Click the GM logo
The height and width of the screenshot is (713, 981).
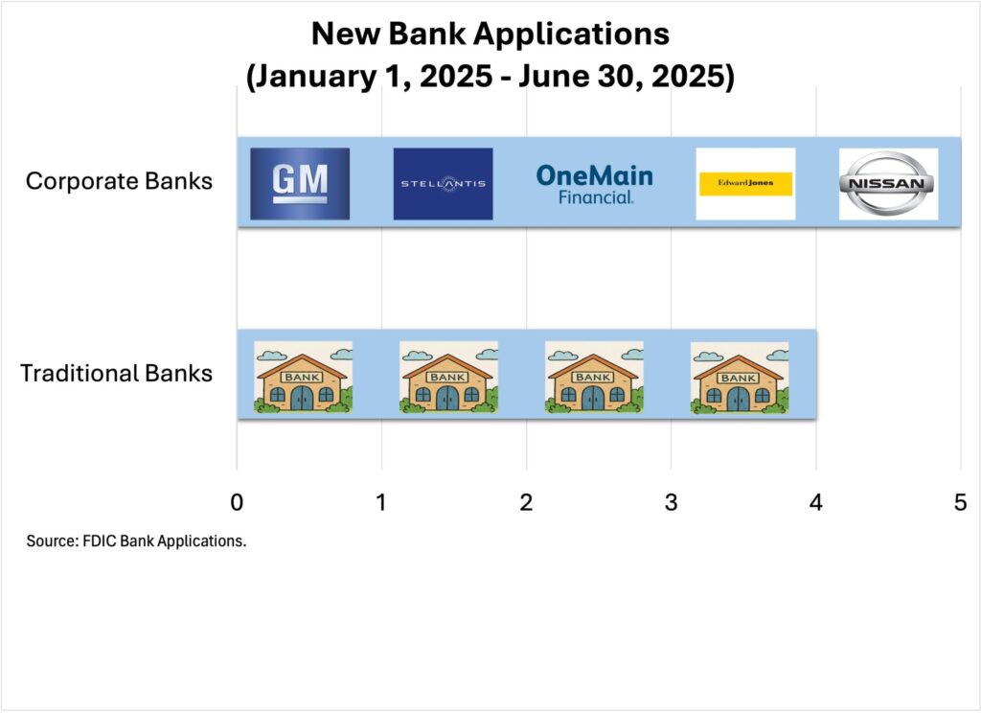300,183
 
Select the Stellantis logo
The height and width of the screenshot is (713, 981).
443,183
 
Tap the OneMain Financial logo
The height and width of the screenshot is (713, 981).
594,184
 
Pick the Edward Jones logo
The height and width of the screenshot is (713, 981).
745,183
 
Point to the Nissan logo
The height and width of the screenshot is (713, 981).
888,183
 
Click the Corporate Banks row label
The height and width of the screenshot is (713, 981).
119,181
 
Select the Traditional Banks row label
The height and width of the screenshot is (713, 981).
116,373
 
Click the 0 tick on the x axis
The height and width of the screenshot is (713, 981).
237,502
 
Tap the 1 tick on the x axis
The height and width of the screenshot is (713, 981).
381,502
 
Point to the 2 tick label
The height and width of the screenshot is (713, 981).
526,502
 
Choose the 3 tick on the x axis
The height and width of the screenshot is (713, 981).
672,502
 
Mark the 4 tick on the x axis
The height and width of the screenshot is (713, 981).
816,502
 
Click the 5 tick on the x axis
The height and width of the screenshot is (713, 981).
960,502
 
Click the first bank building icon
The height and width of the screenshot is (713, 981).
303,377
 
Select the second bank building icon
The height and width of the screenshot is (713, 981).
448,377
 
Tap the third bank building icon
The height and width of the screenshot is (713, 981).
594,377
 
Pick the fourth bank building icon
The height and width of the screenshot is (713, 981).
740,378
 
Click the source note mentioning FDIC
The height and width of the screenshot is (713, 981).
136,540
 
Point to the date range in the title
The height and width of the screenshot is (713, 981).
490,77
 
